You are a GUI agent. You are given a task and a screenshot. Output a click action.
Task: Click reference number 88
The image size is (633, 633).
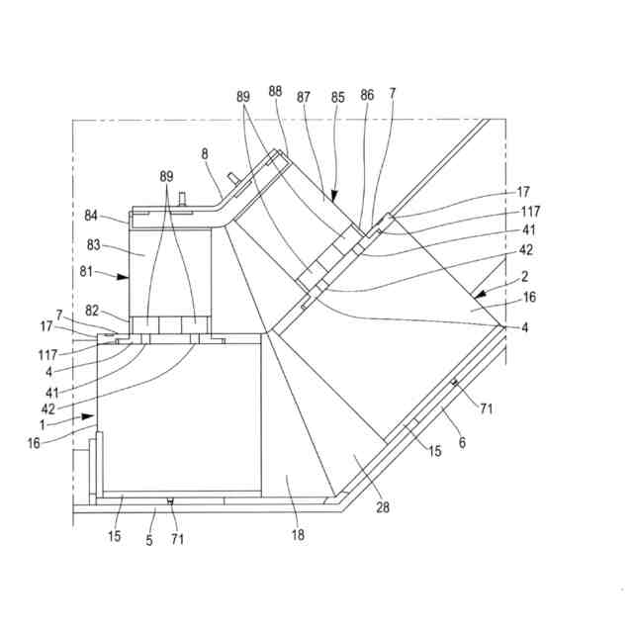(x=275, y=90)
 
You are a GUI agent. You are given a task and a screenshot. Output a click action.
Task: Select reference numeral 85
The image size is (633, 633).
(x=337, y=97)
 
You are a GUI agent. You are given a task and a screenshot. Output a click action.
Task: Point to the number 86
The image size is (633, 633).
(x=367, y=95)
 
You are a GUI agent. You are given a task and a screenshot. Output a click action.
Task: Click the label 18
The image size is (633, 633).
(x=298, y=535)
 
